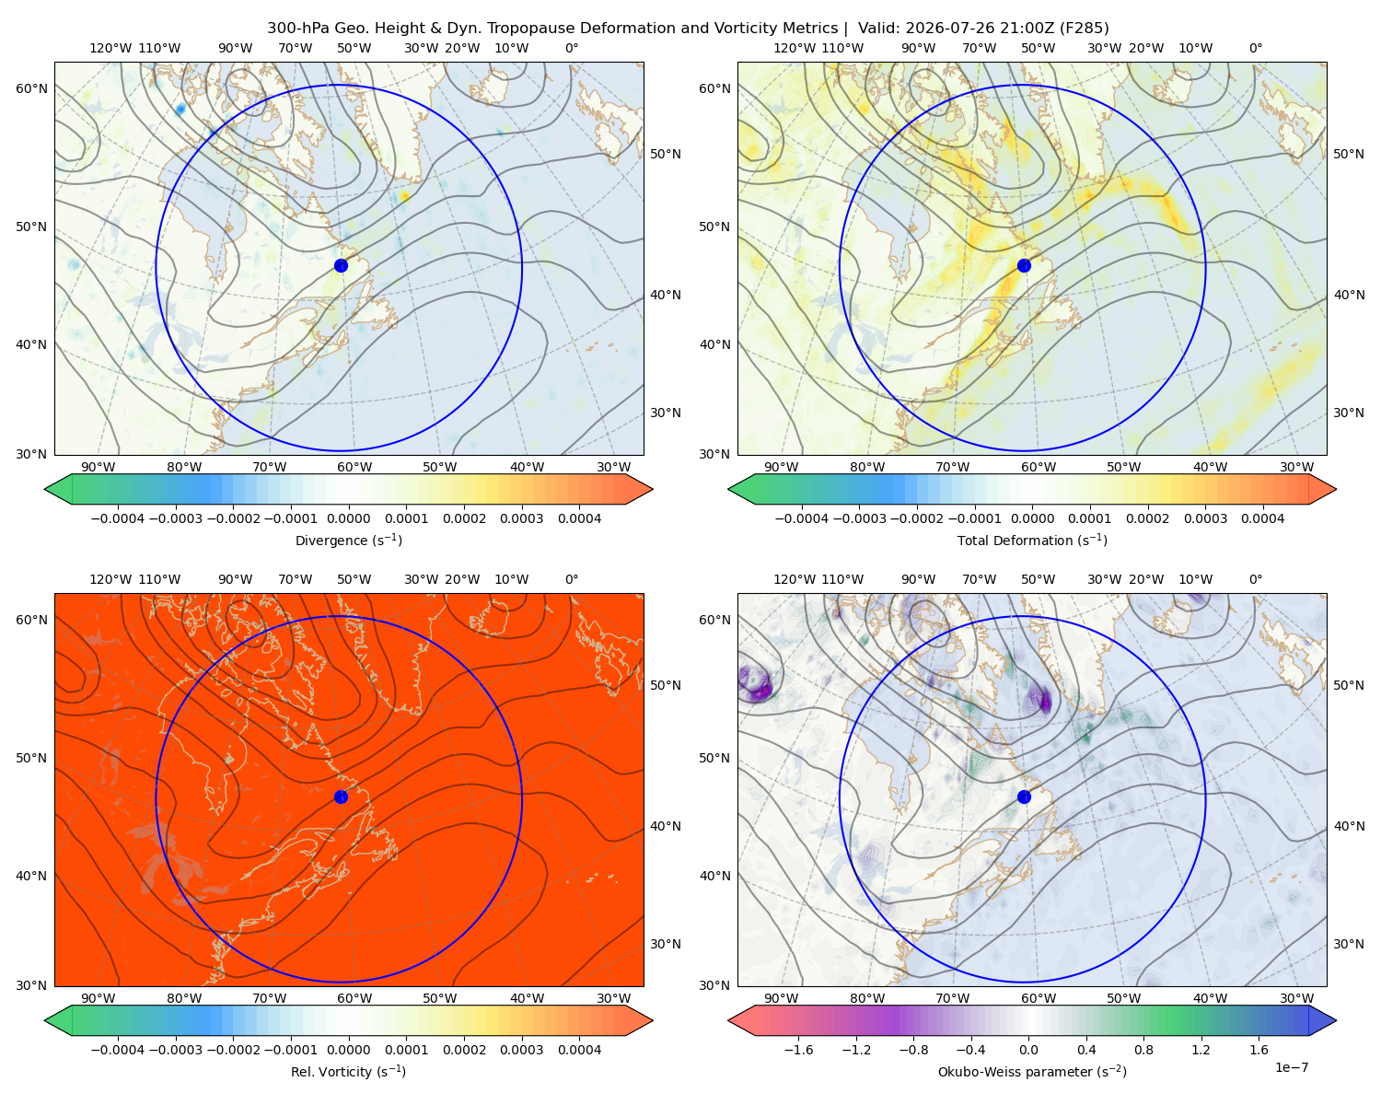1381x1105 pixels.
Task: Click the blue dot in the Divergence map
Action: pyautogui.click(x=341, y=266)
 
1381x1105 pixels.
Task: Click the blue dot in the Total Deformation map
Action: pyautogui.click(x=1024, y=266)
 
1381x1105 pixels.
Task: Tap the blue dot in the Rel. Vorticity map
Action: pyautogui.click(x=341, y=797)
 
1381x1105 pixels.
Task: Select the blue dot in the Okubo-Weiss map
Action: pyautogui.click(x=1024, y=797)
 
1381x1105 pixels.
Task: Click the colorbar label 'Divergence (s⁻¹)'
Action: pyautogui.click(x=348, y=540)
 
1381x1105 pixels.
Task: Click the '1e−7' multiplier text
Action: pyautogui.click(x=1291, y=1067)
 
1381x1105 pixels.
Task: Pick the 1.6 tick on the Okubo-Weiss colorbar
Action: pyautogui.click(x=1259, y=1050)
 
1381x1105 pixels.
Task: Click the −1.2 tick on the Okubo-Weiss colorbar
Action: pyautogui.click(x=856, y=1050)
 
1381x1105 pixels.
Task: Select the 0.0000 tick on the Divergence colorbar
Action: pyautogui.click(x=348, y=518)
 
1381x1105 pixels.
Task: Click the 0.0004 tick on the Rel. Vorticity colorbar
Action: pyautogui.click(x=579, y=1050)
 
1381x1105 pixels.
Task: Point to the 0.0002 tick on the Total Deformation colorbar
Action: pyautogui.click(x=1147, y=518)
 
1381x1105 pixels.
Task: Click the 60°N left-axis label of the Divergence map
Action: pyautogui.click(x=31, y=88)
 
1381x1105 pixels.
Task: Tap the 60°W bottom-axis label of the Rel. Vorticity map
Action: pyautogui.click(x=354, y=998)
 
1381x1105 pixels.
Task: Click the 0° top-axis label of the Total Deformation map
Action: pyautogui.click(x=1256, y=48)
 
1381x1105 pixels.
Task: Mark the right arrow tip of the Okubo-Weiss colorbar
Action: pyautogui.click(x=1336, y=1020)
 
